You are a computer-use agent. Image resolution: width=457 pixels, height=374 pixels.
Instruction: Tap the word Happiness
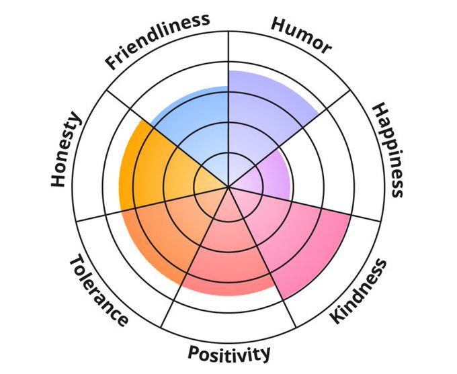pos(389,149)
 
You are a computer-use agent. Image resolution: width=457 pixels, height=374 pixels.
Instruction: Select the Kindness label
pos(360,292)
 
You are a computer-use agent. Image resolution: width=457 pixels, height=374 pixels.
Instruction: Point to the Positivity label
pos(229,353)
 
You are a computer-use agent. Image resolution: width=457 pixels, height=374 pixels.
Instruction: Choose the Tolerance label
pos(98,290)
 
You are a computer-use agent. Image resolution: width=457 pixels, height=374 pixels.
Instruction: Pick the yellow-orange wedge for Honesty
pos(155,168)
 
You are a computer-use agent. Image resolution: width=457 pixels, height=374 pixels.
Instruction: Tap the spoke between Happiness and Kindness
pos(323,208)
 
